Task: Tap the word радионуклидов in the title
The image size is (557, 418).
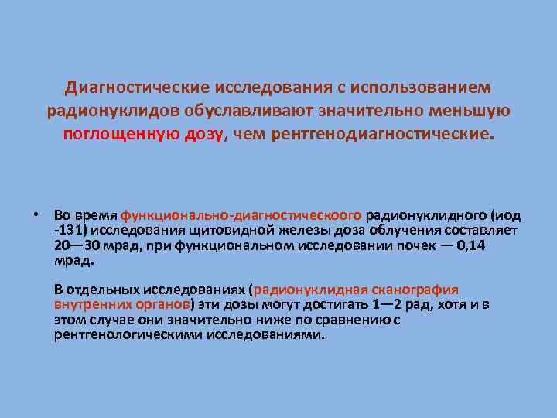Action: tap(106, 111)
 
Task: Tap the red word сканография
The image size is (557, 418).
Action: tap(419, 290)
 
